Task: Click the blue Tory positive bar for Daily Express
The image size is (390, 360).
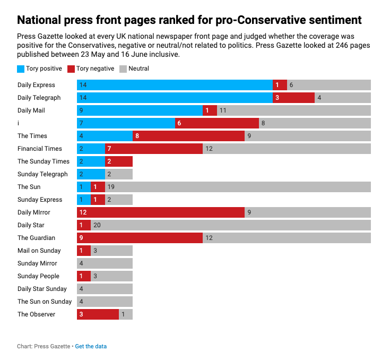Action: [x=175, y=85]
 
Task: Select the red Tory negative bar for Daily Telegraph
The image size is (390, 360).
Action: [x=293, y=98]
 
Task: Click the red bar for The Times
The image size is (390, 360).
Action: [x=188, y=136]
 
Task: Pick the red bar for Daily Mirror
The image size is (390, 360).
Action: [x=160, y=212]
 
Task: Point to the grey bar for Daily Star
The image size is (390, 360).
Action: [x=231, y=225]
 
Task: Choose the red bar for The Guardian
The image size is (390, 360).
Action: [x=140, y=238]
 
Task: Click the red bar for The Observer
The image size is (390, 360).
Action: [x=98, y=314]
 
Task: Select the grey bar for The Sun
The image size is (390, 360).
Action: [x=238, y=187]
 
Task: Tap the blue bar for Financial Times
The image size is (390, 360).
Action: [x=91, y=149]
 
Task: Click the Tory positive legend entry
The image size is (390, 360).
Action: [x=40, y=68]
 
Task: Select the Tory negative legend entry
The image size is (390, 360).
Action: [x=91, y=68]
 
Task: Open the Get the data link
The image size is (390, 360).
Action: [x=91, y=346]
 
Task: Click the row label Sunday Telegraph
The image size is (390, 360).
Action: [x=42, y=174]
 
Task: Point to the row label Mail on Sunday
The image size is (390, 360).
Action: [x=39, y=251]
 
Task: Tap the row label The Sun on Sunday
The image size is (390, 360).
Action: [x=44, y=302]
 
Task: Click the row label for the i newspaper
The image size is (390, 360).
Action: [x=19, y=123]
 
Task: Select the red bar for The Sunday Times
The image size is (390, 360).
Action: [x=118, y=161]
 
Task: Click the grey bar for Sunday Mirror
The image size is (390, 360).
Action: [x=105, y=263]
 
